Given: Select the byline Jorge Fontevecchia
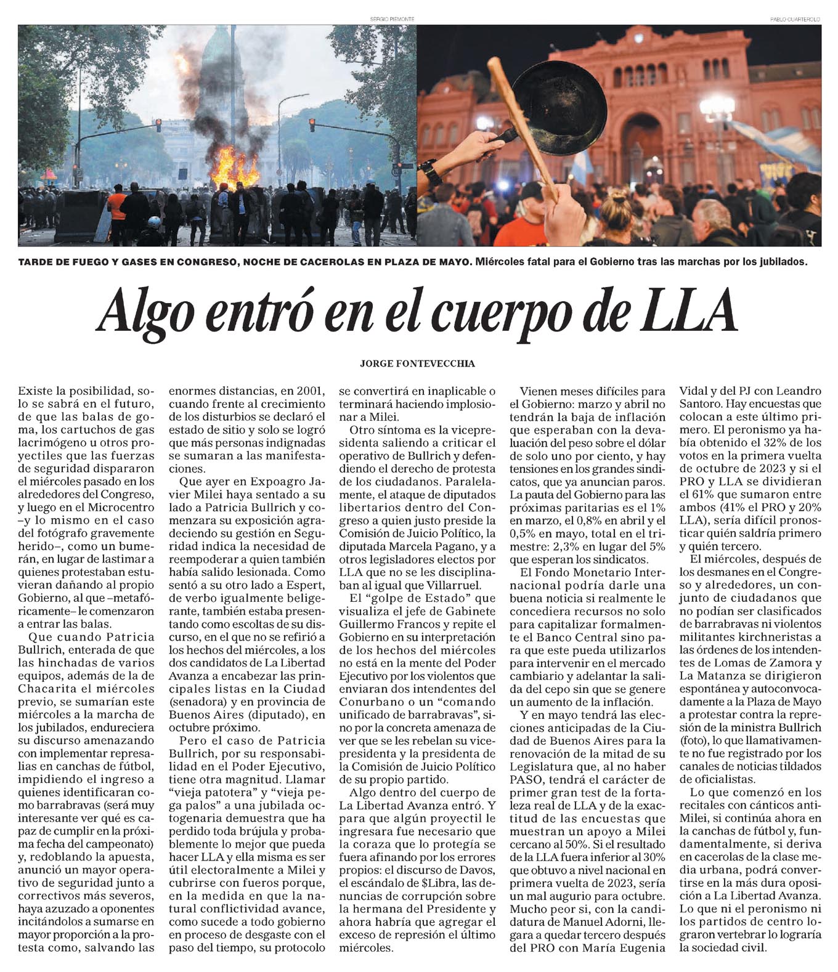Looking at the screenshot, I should pos(417,363).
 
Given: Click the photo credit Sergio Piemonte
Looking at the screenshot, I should pos(390,20).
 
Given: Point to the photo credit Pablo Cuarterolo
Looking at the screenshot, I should pos(795,20).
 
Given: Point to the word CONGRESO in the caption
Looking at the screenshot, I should pos(207,262).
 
